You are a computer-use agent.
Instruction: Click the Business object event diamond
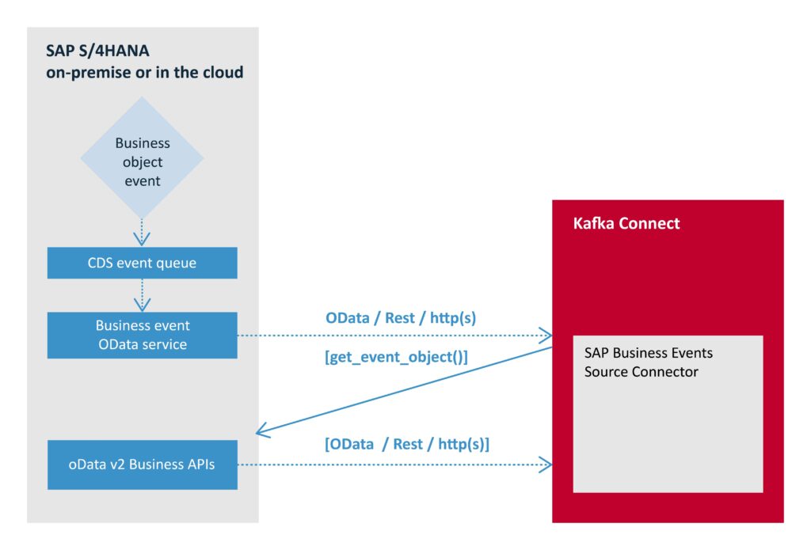(142, 157)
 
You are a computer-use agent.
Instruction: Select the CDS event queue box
(143, 263)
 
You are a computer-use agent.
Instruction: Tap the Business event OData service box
(143, 335)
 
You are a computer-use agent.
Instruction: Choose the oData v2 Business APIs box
(143, 465)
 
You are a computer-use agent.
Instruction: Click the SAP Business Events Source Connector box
(668, 414)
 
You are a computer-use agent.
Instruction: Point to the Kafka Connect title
(626, 223)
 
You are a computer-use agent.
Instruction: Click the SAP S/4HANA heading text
(97, 51)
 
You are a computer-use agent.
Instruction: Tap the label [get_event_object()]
(396, 357)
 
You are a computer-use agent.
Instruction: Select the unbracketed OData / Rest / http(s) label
(401, 318)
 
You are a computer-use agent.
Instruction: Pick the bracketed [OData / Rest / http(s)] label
(407, 444)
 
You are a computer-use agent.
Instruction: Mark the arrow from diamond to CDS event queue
(142, 233)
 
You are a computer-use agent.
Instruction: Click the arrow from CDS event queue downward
(143, 295)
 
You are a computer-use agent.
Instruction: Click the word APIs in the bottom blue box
(200, 465)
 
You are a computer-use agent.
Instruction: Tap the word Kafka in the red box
(594, 223)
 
